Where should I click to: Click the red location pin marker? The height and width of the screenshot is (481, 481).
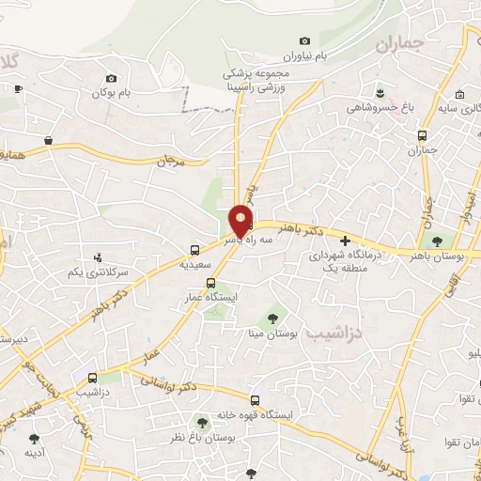click(241, 220)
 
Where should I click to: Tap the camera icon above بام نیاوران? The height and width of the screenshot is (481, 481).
click(304, 40)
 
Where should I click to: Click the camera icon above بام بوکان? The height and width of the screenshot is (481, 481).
click(112, 78)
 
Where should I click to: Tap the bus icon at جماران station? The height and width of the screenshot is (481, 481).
click(423, 134)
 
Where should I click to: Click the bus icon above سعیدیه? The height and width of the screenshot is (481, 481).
click(194, 250)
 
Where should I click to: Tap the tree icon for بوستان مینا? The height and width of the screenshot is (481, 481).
click(273, 318)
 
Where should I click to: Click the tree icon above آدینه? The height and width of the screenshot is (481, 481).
click(35, 438)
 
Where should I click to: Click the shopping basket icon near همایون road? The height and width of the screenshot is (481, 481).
click(47, 140)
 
